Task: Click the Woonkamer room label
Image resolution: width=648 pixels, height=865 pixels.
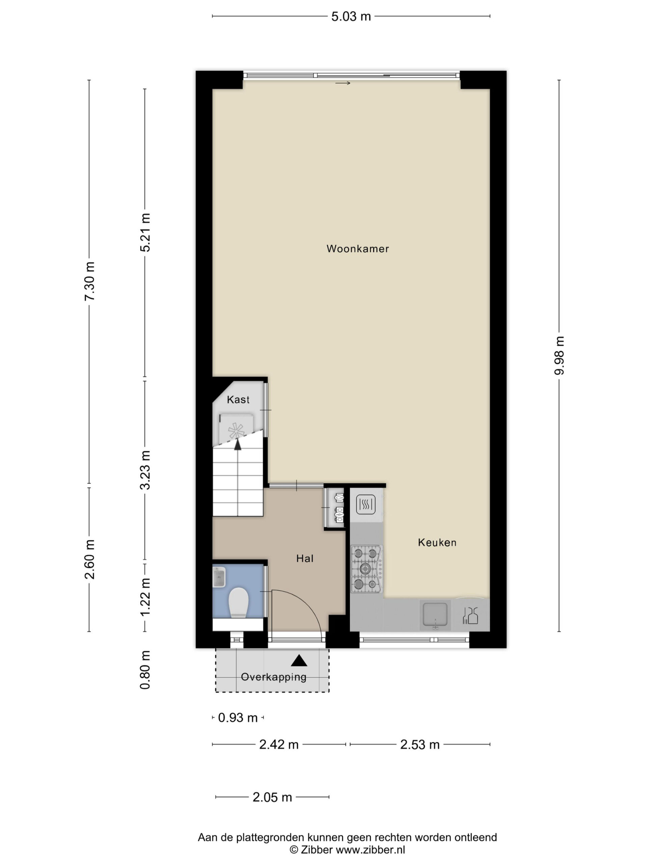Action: [x=357, y=249]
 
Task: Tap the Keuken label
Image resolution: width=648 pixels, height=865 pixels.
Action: [x=437, y=542]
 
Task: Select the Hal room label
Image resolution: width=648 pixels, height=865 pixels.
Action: [x=305, y=559]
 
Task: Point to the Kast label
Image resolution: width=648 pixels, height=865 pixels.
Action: [x=238, y=400]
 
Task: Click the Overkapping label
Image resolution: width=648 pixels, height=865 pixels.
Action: [x=273, y=677]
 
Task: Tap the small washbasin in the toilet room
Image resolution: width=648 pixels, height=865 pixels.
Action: [x=219, y=577]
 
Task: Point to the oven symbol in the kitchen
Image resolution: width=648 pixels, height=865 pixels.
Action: [x=366, y=504]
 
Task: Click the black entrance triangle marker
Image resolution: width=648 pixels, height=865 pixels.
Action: [x=299, y=661]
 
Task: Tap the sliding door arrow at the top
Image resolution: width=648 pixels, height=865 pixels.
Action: [x=343, y=83]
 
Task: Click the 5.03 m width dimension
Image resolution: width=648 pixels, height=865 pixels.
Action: [x=351, y=17]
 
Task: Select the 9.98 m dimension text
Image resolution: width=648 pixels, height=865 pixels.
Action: [x=559, y=355]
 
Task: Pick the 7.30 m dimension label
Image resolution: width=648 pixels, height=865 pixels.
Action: [x=89, y=281]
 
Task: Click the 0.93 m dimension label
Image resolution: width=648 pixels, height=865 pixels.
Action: [x=238, y=718]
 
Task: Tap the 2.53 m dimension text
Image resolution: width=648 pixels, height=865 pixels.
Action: [x=420, y=745]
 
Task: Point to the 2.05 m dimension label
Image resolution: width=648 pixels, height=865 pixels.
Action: [x=272, y=797]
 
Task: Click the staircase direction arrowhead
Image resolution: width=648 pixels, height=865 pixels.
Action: [x=238, y=444]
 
